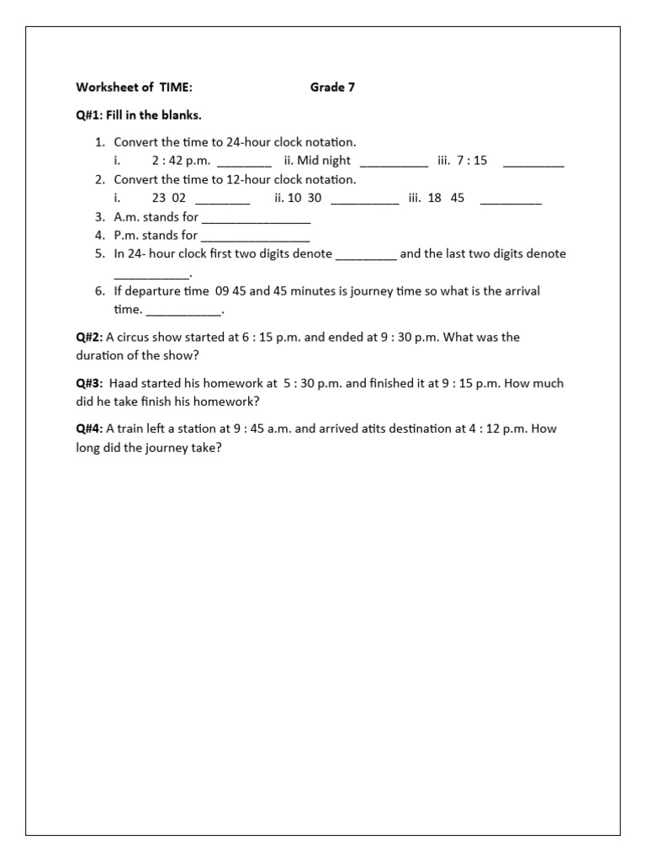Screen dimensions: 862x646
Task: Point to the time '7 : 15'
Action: click(x=472, y=161)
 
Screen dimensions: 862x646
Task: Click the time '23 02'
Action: click(x=168, y=198)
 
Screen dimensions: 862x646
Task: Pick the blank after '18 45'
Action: click(x=511, y=201)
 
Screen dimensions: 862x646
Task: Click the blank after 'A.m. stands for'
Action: click(x=256, y=220)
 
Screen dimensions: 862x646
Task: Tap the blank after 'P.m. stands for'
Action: click(x=256, y=238)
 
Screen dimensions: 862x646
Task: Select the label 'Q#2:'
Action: click(x=89, y=337)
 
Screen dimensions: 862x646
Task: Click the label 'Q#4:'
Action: click(x=89, y=428)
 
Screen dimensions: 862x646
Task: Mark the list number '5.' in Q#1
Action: click(x=99, y=253)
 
